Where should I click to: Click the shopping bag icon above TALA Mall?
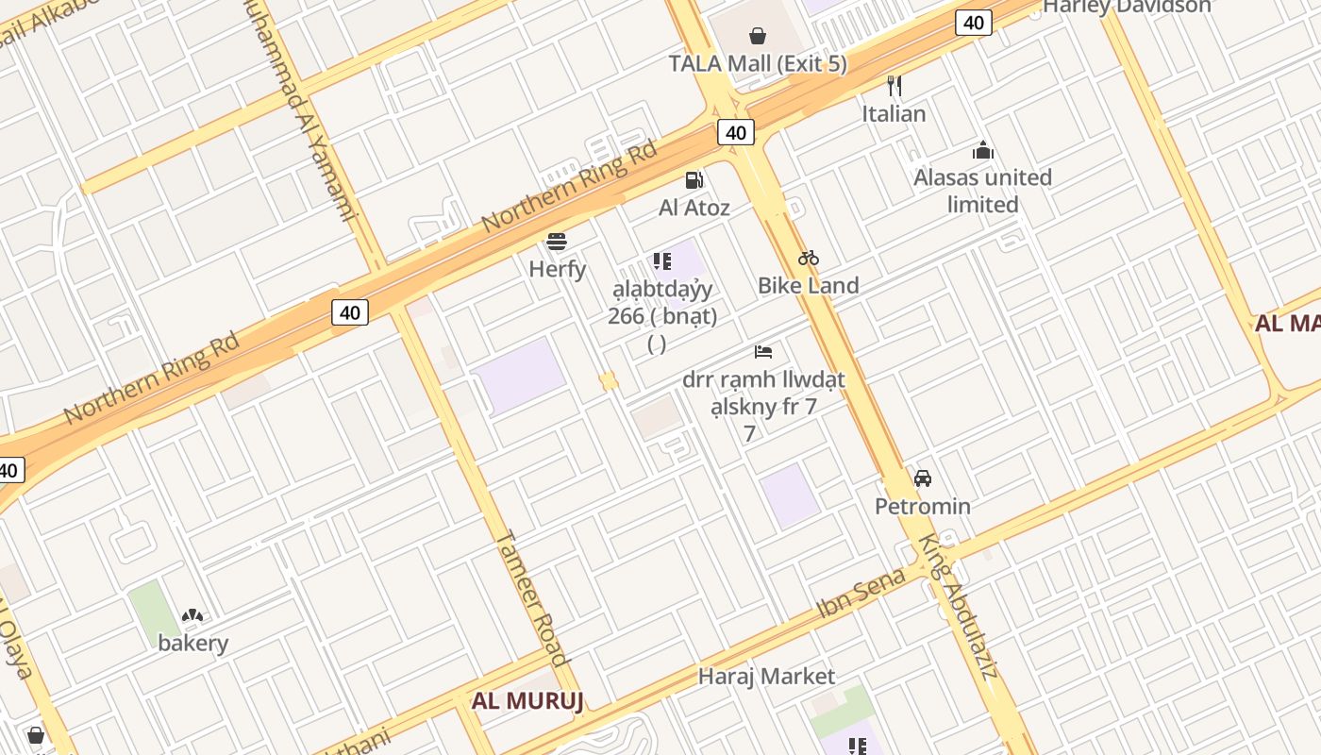point(757,36)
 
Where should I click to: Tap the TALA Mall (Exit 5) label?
point(758,64)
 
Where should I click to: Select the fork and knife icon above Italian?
point(895,86)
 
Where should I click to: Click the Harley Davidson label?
point(1127,7)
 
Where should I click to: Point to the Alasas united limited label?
point(983,191)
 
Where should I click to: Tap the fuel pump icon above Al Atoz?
point(694,179)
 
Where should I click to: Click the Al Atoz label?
point(694,208)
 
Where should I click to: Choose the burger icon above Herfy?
point(557,242)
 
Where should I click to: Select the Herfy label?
point(558,269)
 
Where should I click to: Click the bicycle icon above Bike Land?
point(809,258)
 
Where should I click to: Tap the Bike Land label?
point(809,285)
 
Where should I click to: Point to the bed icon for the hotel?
point(763,352)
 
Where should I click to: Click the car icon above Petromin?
point(923,478)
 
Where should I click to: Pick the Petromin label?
point(923,506)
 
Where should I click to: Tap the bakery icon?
point(192,616)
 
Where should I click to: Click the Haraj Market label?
point(766,677)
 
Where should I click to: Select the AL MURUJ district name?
point(527,700)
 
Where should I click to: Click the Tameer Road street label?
point(531,598)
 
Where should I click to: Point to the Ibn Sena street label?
point(861,593)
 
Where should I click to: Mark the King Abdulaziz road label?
point(958,608)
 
